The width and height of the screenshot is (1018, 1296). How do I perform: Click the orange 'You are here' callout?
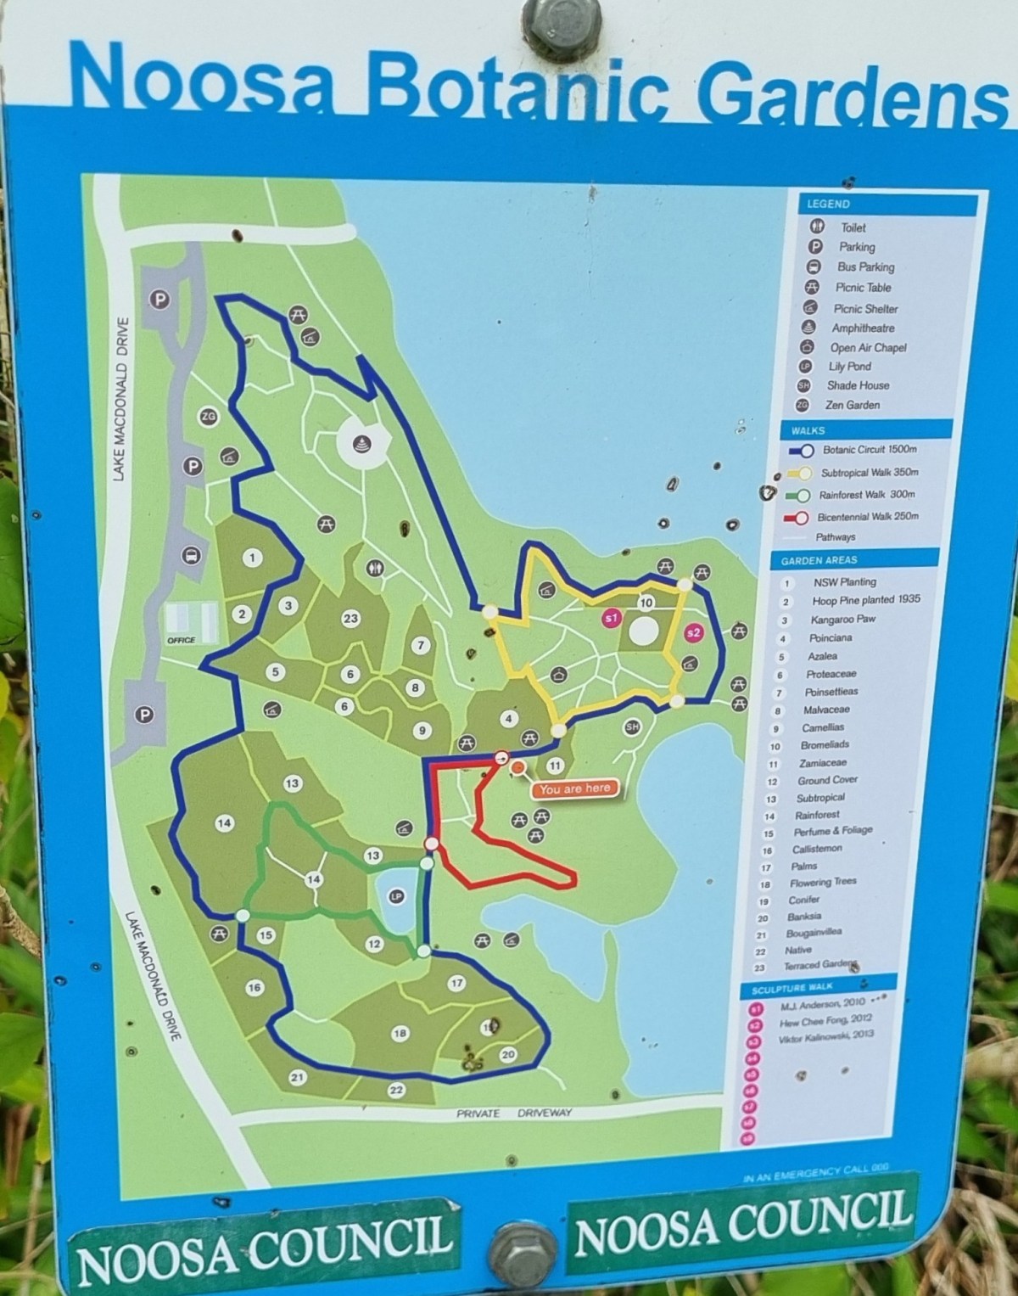[573, 788]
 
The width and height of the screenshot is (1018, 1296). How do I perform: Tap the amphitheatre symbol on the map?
[364, 443]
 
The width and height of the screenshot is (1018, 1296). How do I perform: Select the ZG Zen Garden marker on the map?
[208, 417]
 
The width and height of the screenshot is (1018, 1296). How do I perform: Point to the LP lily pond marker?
[395, 896]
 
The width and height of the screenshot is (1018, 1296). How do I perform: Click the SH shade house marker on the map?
[632, 727]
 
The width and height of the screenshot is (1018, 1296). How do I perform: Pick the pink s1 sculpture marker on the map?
[611, 618]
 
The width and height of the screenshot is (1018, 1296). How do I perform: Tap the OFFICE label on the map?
[182, 640]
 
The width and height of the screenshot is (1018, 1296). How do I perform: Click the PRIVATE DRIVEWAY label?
[514, 1113]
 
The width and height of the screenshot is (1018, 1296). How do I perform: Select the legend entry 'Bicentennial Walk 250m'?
[867, 516]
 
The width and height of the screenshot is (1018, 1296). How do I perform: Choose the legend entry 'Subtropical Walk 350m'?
[869, 472]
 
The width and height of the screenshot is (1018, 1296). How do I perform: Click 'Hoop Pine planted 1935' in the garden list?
[865, 600]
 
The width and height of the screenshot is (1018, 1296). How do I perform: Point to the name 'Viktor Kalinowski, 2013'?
[825, 1035]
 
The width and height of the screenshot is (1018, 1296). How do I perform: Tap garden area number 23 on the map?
[350, 619]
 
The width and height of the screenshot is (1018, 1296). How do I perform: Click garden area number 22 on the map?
[396, 1090]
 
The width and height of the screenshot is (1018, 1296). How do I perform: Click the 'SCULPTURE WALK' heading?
[791, 987]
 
